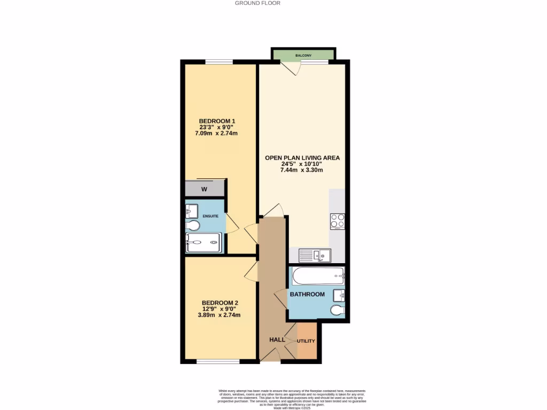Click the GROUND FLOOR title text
point(257,3)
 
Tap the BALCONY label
point(304,56)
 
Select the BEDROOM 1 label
point(216,121)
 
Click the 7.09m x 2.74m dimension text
point(216,133)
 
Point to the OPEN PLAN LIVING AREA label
point(302,158)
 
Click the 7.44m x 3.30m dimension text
point(302,170)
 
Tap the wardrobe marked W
point(204,189)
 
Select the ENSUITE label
point(209,216)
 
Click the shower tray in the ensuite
point(203,242)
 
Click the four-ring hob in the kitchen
point(337,220)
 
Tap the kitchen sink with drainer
point(315,256)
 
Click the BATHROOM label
point(307,294)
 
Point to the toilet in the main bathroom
point(337,310)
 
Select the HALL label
point(277,340)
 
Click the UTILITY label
point(306,341)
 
